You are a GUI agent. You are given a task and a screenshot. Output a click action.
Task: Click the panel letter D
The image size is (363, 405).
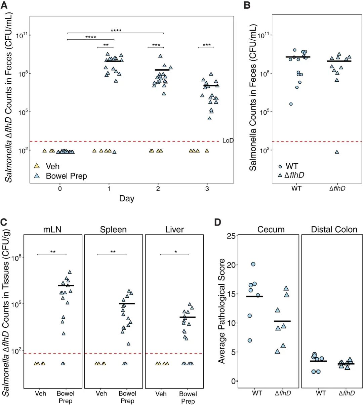(218, 222)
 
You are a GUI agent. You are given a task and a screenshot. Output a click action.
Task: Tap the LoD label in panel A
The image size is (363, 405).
(228, 140)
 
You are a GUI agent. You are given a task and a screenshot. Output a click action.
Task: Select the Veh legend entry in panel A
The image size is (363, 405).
(52, 166)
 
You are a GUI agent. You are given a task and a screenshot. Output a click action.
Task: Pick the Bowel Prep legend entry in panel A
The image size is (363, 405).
(66, 176)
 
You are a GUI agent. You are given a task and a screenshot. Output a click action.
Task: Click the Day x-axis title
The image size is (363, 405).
(126, 199)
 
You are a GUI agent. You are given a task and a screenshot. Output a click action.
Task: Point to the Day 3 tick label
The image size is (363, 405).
(207, 189)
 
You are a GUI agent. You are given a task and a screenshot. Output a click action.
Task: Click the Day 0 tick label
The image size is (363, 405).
(60, 189)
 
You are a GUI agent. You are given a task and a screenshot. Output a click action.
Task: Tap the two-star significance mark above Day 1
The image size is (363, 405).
(106, 45)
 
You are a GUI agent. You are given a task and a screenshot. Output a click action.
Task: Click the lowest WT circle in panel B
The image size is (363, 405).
(291, 104)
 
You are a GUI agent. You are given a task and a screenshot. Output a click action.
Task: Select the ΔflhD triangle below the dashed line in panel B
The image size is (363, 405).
(337, 152)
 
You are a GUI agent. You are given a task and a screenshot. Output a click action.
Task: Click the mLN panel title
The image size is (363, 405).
(52, 230)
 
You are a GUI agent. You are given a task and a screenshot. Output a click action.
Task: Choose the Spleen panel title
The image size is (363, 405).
(113, 230)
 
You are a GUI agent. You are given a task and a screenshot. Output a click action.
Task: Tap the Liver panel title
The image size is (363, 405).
(174, 230)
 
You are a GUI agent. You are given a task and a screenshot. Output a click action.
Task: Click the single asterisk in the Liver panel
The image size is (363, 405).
(175, 252)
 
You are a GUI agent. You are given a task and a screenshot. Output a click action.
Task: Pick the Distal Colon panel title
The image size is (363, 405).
(334, 230)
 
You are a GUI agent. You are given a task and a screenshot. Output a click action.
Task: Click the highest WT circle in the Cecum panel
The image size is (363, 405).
(253, 264)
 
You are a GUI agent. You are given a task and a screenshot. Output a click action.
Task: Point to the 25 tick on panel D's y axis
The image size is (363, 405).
(231, 236)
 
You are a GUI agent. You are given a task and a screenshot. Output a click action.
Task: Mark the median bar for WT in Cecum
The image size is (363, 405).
(254, 296)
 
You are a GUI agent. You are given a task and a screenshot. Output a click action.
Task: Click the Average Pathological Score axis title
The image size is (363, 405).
(222, 311)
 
